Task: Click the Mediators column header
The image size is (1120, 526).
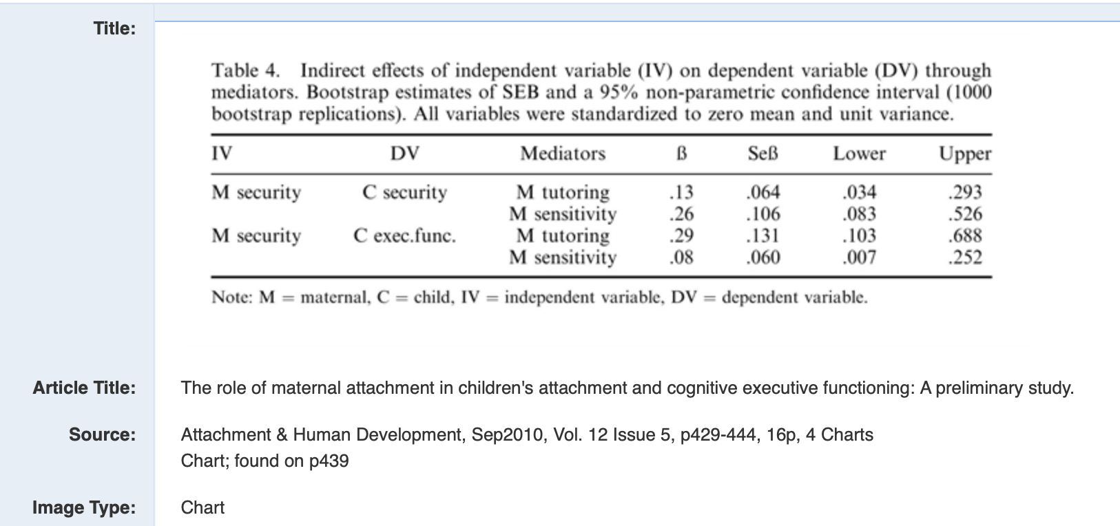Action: [x=563, y=154]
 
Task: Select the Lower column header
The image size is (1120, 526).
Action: [x=859, y=154]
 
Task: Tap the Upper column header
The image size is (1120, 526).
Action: [x=965, y=154]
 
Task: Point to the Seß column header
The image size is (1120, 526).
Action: [x=763, y=154]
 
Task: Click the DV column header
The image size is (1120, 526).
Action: [x=404, y=154]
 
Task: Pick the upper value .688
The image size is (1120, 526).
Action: [x=965, y=235]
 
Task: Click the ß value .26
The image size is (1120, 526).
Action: [x=681, y=214]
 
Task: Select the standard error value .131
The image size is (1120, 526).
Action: [x=763, y=235]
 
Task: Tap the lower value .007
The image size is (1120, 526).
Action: [x=859, y=257]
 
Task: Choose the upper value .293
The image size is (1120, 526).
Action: [x=965, y=192]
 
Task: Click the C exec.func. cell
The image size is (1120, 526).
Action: [x=404, y=235]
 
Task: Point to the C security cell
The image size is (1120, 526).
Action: [x=404, y=192]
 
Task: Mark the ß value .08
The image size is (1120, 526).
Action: [x=681, y=257]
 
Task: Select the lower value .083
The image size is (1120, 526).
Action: [x=859, y=214]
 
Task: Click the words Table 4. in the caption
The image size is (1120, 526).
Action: [x=246, y=71]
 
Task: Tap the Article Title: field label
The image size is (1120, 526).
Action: [x=84, y=388]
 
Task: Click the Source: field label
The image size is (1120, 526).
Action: [x=102, y=434]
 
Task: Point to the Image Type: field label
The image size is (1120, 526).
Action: [x=84, y=507]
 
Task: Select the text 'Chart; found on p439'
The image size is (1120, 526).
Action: [x=265, y=461]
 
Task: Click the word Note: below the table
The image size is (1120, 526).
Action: [x=232, y=297]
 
